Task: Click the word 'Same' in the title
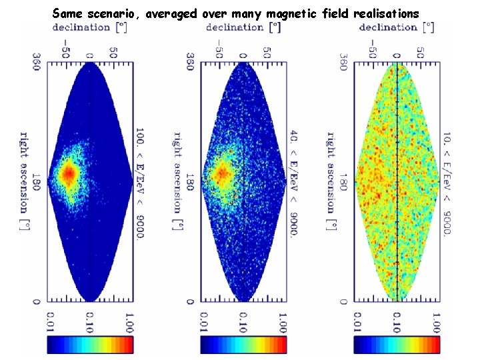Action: coord(67,13)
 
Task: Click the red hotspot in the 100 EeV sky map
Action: coord(69,173)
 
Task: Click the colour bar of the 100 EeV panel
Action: coord(90,344)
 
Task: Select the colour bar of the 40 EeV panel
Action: coord(243,344)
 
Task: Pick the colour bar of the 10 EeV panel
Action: coord(397,344)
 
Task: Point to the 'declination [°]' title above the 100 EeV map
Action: coord(89,27)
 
